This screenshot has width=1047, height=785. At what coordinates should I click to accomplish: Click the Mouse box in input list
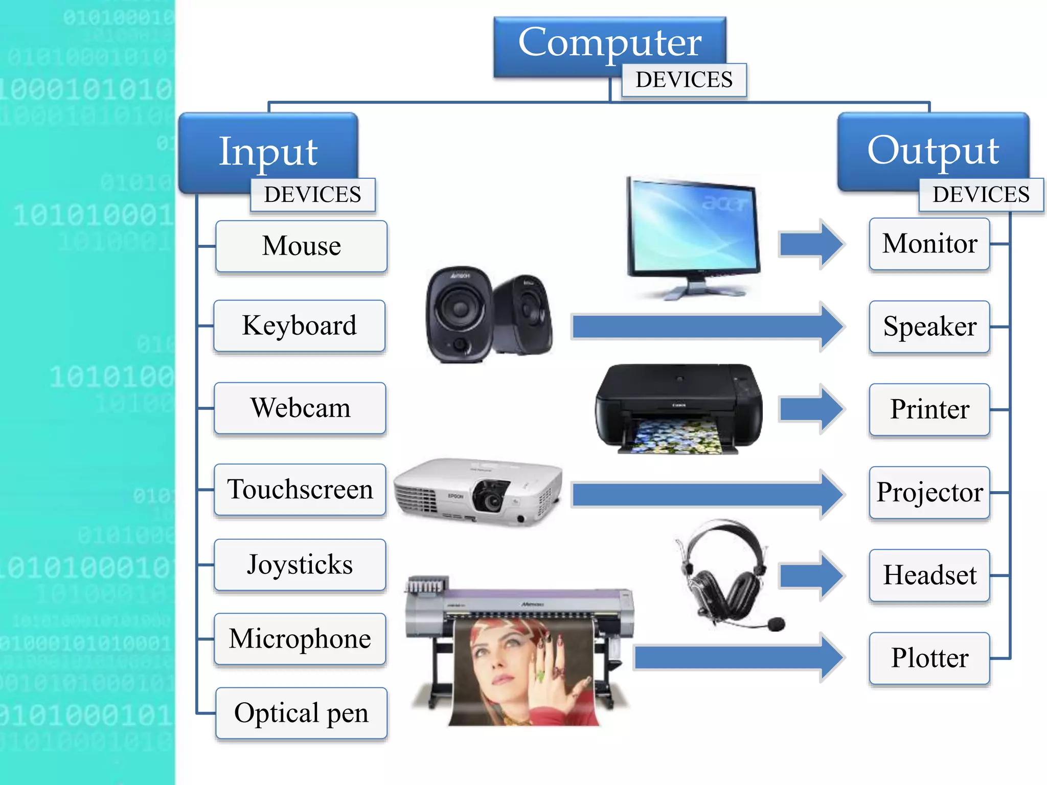coord(301,246)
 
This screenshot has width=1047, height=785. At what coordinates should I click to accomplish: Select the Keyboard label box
coord(299,326)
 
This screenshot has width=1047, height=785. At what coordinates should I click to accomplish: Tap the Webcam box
coord(300,408)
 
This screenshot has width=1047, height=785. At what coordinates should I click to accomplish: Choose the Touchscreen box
coord(300,490)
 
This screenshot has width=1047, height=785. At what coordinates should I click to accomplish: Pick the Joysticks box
coord(300,565)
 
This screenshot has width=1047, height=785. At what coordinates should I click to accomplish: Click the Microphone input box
coord(300,639)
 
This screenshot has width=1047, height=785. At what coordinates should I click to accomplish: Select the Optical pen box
coord(301,713)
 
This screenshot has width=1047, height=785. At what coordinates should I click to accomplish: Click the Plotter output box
coord(929,658)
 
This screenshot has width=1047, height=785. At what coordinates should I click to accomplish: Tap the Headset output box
coord(929,575)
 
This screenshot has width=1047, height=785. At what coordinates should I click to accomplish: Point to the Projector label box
coord(929,492)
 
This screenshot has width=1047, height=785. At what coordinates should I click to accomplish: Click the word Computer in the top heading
coord(609,43)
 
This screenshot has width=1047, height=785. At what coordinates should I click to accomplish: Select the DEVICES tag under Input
coord(312,195)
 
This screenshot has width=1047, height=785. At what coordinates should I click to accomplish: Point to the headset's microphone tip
coord(776,624)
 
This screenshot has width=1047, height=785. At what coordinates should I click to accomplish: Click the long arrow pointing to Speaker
coord(705,327)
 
